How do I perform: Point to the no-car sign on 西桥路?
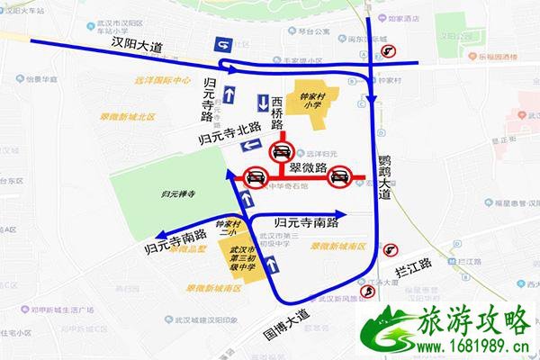[x=282, y=150]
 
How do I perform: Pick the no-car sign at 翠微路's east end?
[x=339, y=176]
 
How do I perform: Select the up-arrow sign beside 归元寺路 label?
[x=229, y=94]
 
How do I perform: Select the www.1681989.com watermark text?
[x=472, y=347]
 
